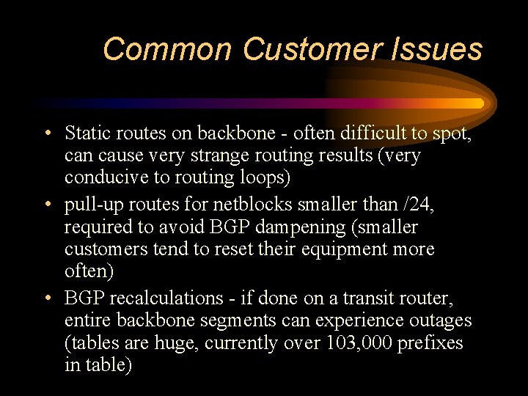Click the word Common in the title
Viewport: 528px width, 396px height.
pyautogui.click(x=168, y=49)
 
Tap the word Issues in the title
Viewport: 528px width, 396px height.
pyautogui.click(x=440, y=49)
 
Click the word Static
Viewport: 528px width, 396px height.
pyautogui.click(x=85, y=133)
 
